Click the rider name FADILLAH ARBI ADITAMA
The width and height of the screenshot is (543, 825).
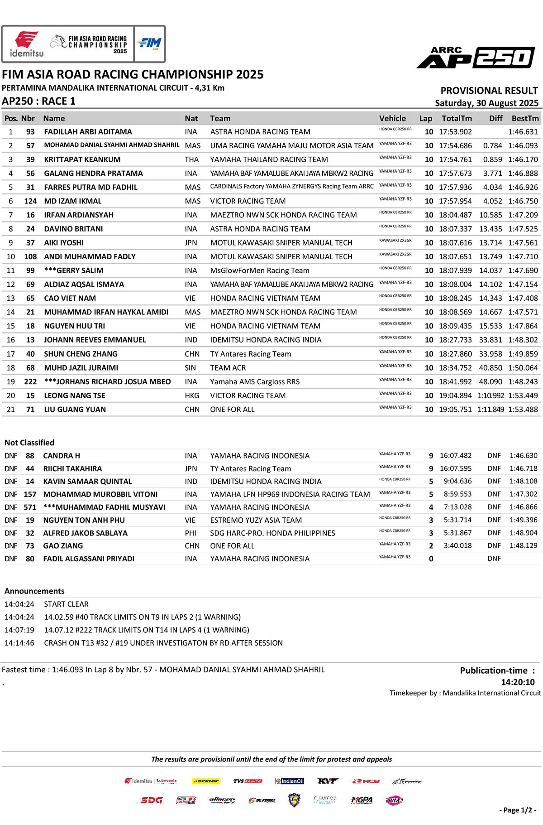88,132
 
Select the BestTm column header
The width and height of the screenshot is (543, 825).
525,118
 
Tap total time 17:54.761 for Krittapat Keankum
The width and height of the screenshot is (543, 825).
455,159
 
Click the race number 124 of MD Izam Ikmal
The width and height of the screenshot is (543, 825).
30,201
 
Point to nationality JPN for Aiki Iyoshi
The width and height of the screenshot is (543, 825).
191,243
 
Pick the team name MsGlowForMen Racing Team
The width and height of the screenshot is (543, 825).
260,270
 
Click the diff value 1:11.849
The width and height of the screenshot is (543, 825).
491,410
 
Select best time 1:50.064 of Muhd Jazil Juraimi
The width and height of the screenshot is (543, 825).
523,368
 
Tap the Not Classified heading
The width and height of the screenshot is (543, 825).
29,443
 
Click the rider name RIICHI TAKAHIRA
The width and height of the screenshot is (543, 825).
72,469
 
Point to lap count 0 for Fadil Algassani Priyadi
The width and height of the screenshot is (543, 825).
431,559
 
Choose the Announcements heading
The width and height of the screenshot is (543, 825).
34,591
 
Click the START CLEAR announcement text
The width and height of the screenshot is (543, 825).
66,604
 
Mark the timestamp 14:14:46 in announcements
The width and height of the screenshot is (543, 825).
19,643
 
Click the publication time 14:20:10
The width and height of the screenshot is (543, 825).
518,682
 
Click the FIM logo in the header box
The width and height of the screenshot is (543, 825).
150,43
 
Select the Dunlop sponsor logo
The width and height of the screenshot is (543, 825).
206,781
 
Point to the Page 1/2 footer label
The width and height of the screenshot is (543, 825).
518,810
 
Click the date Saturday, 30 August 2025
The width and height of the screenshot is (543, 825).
486,103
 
